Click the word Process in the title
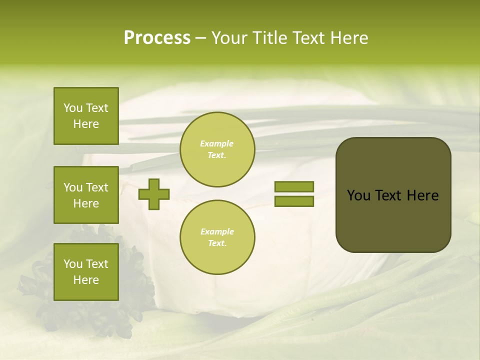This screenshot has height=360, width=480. (x=157, y=38)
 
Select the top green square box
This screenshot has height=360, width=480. (x=86, y=116)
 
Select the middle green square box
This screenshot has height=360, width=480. (x=86, y=195)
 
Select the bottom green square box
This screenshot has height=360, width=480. (x=86, y=272)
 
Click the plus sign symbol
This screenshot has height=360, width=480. (x=154, y=194)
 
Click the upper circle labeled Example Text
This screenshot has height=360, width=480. (x=217, y=149)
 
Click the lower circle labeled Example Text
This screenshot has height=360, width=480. (x=217, y=237)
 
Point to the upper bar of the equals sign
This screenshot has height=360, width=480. (x=294, y=186)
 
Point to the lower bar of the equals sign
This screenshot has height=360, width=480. (x=294, y=201)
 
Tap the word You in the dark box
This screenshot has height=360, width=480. (x=358, y=195)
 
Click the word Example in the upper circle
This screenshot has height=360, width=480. (x=216, y=143)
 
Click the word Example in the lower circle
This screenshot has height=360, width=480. (x=216, y=231)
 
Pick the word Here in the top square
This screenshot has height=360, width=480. (x=86, y=124)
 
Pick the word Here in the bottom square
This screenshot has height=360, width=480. (x=86, y=280)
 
